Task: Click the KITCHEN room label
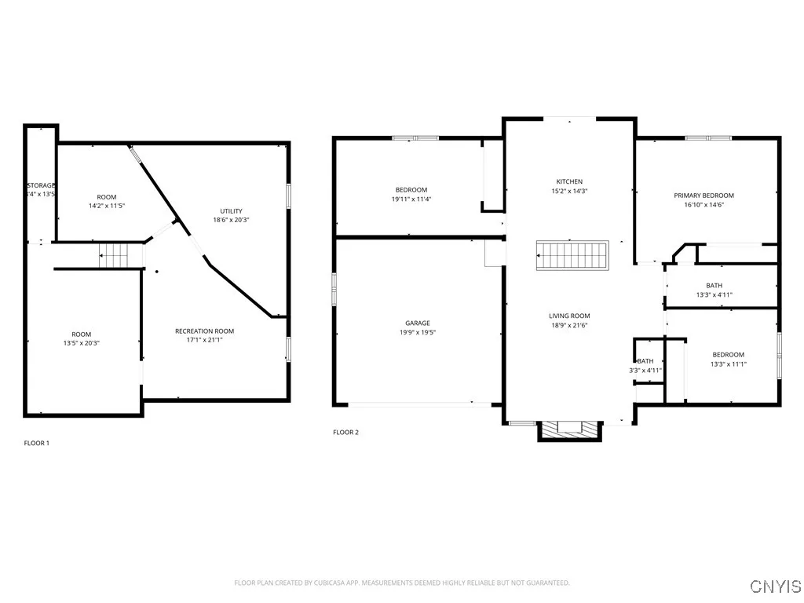[569, 181]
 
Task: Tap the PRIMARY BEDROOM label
[703, 196]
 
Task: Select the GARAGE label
[417, 323]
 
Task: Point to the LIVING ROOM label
[569, 316]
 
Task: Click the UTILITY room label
[231, 210]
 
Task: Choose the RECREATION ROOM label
[204, 331]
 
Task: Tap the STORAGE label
[41, 185]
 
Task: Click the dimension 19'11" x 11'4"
[411, 199]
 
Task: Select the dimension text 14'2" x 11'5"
[107, 206]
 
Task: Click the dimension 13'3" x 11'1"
[728, 364]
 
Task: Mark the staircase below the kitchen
[572, 256]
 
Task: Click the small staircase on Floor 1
[112, 254]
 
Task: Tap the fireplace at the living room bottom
[569, 429]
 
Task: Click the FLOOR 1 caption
[36, 443]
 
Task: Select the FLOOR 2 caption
[345, 432]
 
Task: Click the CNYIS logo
[775, 587]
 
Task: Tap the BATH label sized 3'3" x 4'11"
[645, 361]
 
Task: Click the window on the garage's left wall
[334, 291]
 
